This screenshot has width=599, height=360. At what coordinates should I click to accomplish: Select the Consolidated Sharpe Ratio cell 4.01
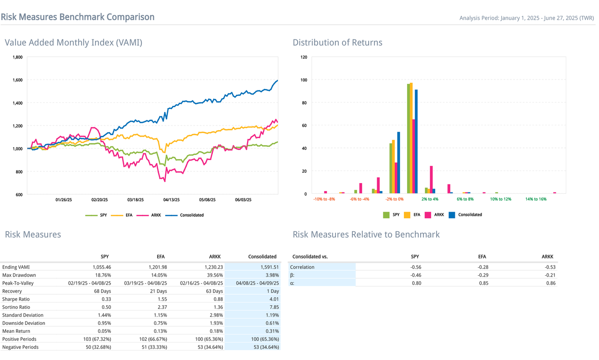[x=271, y=299]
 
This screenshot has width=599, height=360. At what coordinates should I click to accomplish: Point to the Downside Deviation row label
[x=23, y=323]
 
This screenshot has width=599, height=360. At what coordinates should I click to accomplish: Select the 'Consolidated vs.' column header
[x=310, y=257]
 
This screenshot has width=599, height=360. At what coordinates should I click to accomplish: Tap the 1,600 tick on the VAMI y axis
[x=17, y=80]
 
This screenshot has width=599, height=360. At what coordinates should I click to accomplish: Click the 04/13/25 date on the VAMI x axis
[x=171, y=200]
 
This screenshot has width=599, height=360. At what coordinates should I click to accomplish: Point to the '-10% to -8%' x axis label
[x=324, y=199]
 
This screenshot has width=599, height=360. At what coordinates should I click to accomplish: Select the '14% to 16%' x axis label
[x=536, y=199]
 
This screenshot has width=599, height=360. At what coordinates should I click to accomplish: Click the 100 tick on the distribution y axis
[x=304, y=80]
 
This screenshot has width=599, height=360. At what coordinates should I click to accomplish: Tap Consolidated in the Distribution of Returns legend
[x=469, y=215]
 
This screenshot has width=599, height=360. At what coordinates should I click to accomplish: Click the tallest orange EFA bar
[x=411, y=138]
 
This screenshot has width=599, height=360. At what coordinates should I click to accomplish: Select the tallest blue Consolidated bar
[x=416, y=141]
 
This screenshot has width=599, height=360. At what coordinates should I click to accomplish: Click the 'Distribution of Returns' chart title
[x=337, y=43]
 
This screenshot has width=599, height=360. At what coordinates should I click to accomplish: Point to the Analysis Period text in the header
[x=526, y=18]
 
